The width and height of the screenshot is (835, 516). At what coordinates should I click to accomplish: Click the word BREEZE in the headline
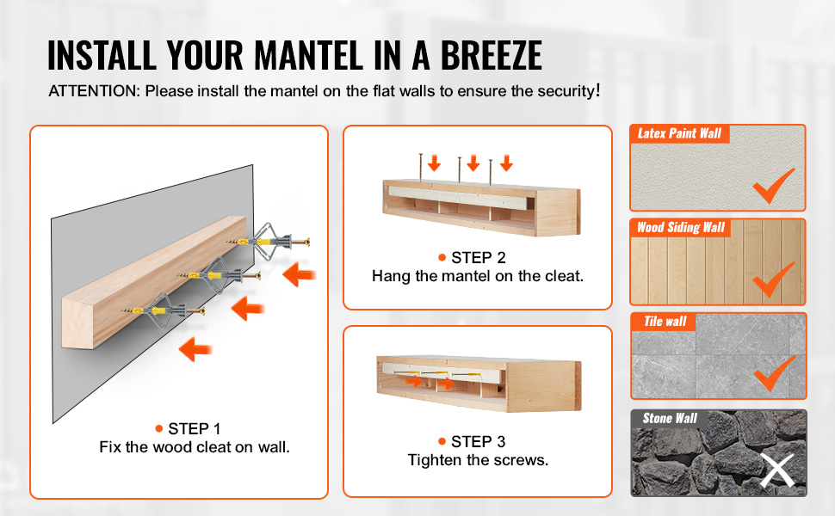pyautogui.click(x=491, y=55)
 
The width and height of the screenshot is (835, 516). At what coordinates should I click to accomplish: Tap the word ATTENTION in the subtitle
pyautogui.click(x=94, y=91)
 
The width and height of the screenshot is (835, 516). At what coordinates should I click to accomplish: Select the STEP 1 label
pyautogui.click(x=194, y=429)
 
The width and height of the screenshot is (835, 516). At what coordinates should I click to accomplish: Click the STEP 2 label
pyautogui.click(x=479, y=257)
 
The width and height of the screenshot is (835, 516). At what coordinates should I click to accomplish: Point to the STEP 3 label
pyautogui.click(x=479, y=441)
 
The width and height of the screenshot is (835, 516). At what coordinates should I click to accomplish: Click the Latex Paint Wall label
pyautogui.click(x=679, y=133)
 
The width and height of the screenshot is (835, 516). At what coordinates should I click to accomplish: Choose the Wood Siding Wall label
pyautogui.click(x=681, y=228)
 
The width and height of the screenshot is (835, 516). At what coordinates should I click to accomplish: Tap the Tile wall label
pyautogui.click(x=665, y=322)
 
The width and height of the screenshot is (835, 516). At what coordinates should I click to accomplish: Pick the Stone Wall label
pyautogui.click(x=670, y=418)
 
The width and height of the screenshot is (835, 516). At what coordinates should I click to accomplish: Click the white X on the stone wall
pyautogui.click(x=777, y=470)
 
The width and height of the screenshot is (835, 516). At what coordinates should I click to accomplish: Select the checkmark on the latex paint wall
pyautogui.click(x=774, y=186)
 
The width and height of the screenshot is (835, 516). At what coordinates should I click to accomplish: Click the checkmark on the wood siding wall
pyautogui.click(x=774, y=279)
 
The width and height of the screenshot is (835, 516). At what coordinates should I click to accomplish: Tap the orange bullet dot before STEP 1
pyautogui.click(x=158, y=429)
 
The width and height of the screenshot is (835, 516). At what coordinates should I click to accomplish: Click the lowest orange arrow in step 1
pyautogui.click(x=195, y=349)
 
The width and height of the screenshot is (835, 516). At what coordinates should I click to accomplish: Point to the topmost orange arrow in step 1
pyautogui.click(x=299, y=275)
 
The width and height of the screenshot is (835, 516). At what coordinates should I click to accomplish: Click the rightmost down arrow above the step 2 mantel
pyautogui.click(x=506, y=163)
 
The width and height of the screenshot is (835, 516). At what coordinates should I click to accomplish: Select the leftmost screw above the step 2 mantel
pyautogui.click(x=421, y=167)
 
